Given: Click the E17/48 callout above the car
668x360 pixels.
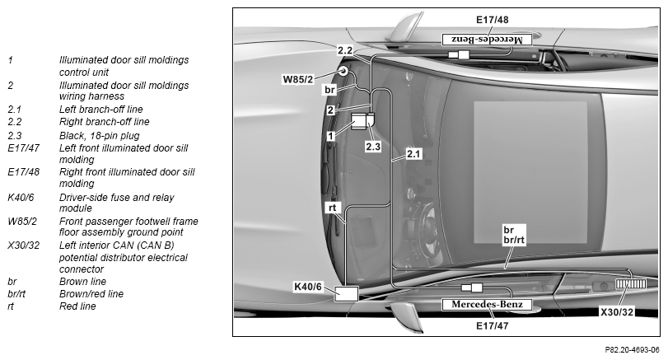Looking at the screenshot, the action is point(492,20).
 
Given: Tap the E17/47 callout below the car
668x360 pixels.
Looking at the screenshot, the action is point(492,326).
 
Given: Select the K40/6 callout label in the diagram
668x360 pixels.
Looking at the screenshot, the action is point(307,287).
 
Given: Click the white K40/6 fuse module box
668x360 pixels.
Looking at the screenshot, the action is point(346,294).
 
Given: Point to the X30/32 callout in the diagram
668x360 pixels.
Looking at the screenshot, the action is point(617,312).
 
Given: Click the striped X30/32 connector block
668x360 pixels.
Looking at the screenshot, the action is point(631,283).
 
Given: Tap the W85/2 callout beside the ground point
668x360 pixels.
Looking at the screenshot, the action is point(298,79).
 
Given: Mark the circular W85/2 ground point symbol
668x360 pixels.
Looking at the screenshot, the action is point(343,71).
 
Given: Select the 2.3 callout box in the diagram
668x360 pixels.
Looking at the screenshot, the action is point(373,147).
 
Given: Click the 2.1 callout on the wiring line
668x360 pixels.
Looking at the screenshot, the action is point(413,154).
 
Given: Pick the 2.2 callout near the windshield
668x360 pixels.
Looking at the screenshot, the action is point(345,50).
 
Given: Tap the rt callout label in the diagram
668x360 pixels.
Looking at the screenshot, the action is point(332,208).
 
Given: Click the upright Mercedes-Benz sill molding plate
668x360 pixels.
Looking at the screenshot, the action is point(487,304).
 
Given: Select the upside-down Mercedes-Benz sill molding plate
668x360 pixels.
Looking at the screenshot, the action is point(487,40).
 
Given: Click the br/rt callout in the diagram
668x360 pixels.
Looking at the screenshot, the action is point(514,240).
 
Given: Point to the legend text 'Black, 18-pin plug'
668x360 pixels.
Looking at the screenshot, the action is point(100,136).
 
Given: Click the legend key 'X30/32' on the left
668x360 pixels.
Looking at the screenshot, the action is point(23,245).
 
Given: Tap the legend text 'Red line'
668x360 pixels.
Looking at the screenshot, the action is point(77,306).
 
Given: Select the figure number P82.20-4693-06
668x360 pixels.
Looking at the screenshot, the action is point(633,350).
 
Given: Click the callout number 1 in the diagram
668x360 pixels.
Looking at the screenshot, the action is point(330,136).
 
